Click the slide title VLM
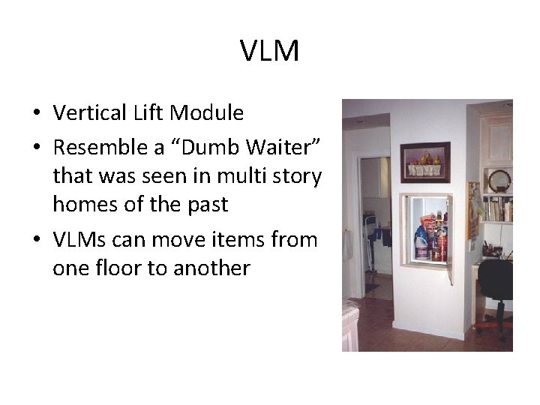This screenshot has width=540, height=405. pyautogui.click(x=270, y=51)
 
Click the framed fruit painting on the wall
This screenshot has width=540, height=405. pyautogui.click(x=425, y=162)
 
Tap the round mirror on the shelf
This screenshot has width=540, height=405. pyautogui.click(x=499, y=181)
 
